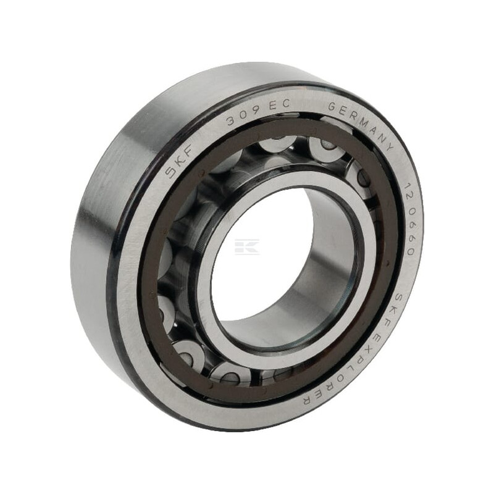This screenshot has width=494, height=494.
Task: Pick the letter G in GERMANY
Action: (333, 107)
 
